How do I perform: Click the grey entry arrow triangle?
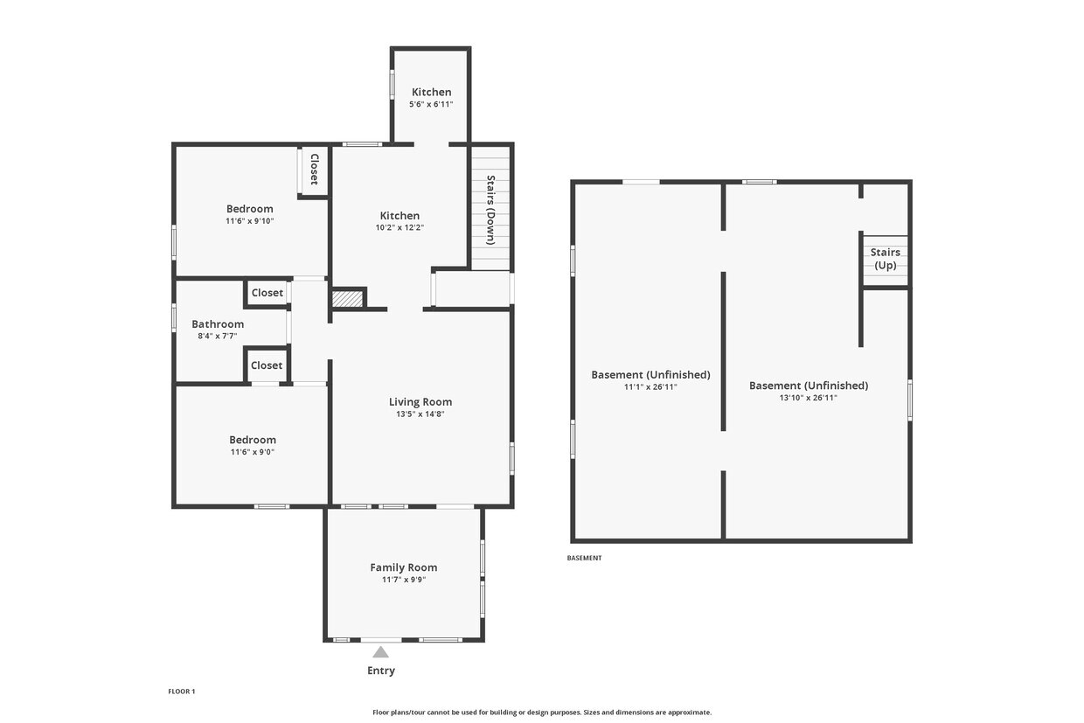point(380,652)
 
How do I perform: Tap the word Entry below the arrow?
point(381,671)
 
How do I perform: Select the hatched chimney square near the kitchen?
point(347,299)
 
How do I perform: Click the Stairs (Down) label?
point(490,210)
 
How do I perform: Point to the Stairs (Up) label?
point(885,259)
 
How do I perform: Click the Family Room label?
point(404,567)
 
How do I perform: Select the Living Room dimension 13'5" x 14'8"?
point(420,414)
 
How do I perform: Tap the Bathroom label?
point(218,324)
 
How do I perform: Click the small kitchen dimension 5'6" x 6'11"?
point(431,104)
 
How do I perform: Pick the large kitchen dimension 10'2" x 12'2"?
point(400,227)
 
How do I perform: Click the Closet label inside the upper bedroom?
point(314,170)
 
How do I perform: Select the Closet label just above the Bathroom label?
point(268,293)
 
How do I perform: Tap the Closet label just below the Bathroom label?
point(267,365)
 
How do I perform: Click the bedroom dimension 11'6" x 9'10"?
point(250,221)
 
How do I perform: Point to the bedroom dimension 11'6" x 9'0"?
point(253,452)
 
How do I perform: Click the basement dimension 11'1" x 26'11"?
point(650,386)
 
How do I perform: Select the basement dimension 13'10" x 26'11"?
point(808,398)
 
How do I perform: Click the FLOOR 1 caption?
point(182,692)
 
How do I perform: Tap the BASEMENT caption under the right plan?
point(584,558)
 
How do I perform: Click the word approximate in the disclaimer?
point(690,713)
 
